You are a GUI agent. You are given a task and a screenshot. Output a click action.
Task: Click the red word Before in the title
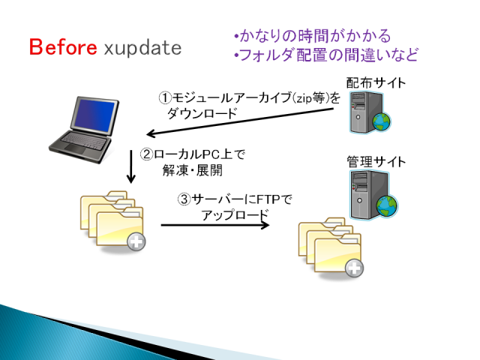click(x=63, y=47)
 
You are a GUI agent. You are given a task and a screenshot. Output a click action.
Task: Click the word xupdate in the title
click(x=142, y=48)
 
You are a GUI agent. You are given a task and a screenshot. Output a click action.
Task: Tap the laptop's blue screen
click(x=94, y=115)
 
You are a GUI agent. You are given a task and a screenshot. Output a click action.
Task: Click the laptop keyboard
click(x=85, y=140)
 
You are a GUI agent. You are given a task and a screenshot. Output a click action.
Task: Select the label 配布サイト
click(x=376, y=83)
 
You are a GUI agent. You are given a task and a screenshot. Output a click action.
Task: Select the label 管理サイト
click(x=376, y=162)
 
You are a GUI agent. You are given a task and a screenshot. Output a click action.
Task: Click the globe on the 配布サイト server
click(x=382, y=121)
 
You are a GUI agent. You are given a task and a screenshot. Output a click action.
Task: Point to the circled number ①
click(x=165, y=98)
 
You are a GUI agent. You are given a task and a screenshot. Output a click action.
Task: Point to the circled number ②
click(x=147, y=154)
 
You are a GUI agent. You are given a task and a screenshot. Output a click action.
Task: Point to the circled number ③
click(x=184, y=199)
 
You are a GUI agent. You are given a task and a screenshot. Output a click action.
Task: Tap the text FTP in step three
click(x=268, y=199)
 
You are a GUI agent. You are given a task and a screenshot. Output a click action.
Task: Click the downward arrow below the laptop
click(x=131, y=166)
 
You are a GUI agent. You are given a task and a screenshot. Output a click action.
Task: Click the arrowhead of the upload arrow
click(x=265, y=225)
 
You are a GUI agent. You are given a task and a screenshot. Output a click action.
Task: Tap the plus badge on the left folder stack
click(x=136, y=241)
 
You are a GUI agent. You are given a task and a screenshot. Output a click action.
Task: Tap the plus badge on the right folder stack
click(x=354, y=268)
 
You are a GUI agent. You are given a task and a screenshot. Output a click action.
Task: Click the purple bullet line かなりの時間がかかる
click(x=313, y=36)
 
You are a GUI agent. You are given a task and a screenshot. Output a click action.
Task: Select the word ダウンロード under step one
click(x=202, y=113)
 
